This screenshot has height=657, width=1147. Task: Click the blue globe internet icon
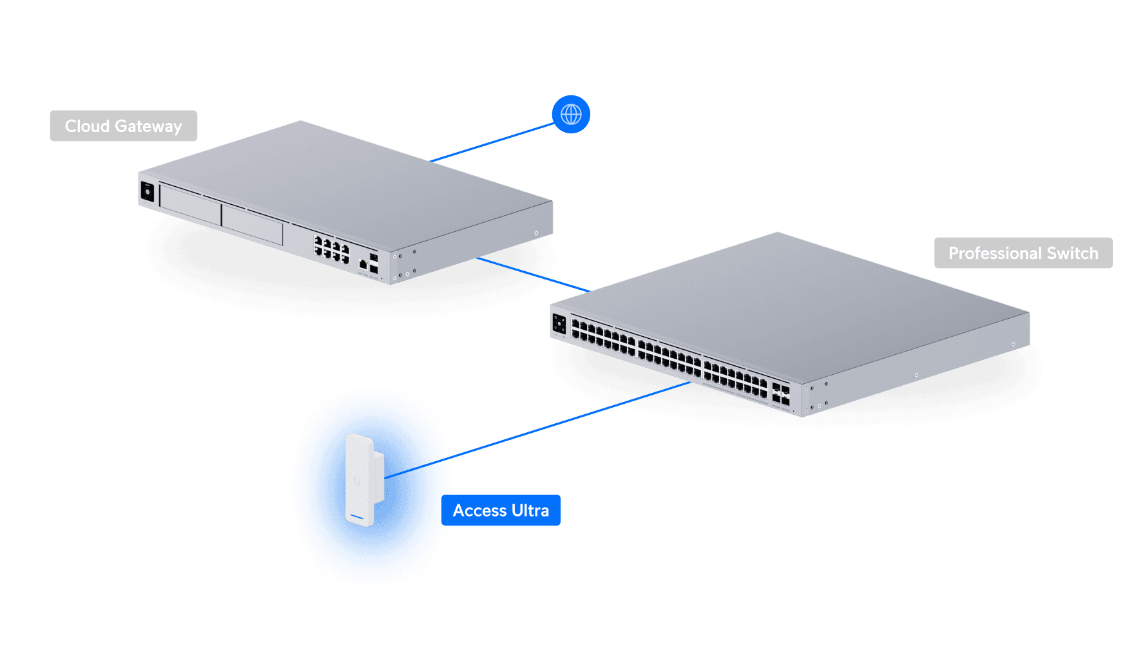[571, 115]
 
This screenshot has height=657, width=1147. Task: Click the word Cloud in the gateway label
[87, 126]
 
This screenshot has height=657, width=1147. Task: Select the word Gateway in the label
[148, 126]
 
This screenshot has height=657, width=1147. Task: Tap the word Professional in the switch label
[994, 253]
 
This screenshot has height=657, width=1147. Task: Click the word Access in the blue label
[479, 510]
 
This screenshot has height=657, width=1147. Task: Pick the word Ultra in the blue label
[530, 510]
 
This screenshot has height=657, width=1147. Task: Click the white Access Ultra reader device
[363, 480]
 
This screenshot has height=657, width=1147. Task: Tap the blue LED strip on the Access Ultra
[356, 517]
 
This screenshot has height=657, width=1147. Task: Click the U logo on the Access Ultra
[357, 481]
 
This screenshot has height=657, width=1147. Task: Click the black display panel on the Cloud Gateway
[148, 192]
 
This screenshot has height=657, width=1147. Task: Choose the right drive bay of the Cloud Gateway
[252, 225]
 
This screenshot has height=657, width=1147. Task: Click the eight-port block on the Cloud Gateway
[331, 249]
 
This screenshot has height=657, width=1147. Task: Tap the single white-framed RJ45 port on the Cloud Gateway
[363, 264]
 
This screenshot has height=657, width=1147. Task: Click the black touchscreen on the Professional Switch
[559, 324]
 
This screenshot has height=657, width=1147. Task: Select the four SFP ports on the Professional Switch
[780, 394]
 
